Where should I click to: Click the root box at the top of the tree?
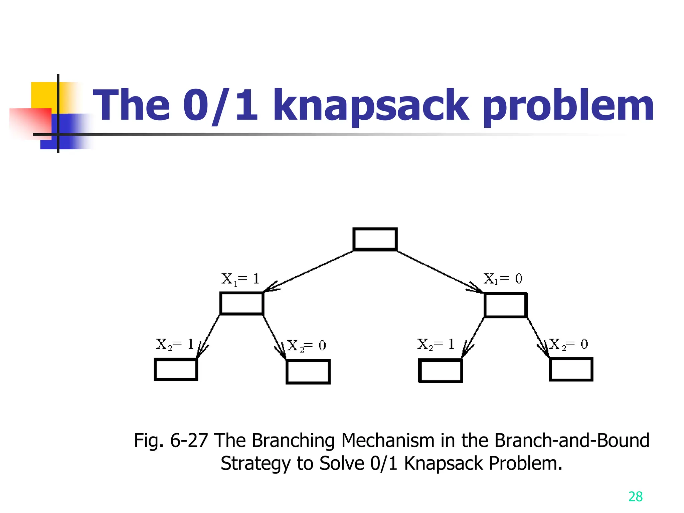[375, 239]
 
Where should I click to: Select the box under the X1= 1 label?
[242, 303]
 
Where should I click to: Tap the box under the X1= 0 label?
[506, 305]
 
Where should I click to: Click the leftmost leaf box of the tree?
[176, 369]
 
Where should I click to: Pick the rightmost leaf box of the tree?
[571, 369]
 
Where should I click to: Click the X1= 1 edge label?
[240, 279]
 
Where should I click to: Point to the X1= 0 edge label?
[503, 279]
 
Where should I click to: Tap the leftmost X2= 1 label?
[175, 344]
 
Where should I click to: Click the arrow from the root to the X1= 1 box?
[309, 271]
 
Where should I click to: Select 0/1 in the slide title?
[220, 106]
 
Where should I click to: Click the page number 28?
[635, 497]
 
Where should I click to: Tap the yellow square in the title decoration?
[44, 95]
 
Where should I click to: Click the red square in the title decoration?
[30, 122]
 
